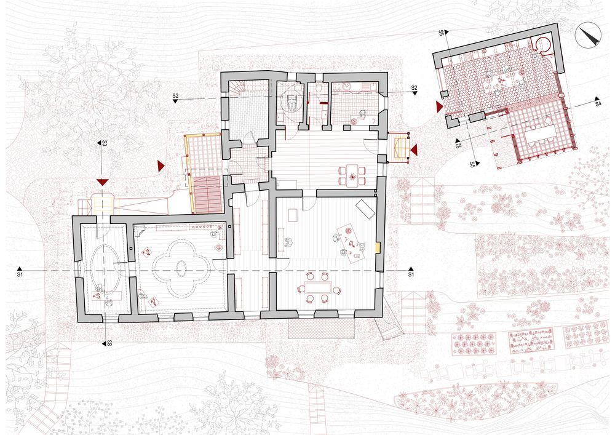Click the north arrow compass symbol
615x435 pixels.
point(588,34)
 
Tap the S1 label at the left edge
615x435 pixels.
point(20,275)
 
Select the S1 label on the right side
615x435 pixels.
point(411,274)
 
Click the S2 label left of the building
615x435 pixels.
point(175,96)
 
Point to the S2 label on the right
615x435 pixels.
point(414,87)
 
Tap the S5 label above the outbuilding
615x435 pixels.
point(441,33)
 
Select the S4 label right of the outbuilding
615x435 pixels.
point(598,104)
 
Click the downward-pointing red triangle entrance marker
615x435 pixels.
point(102,182)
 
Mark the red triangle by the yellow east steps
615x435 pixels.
point(414,150)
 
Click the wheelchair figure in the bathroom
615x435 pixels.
point(291,102)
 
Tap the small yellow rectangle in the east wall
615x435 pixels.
point(378,247)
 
